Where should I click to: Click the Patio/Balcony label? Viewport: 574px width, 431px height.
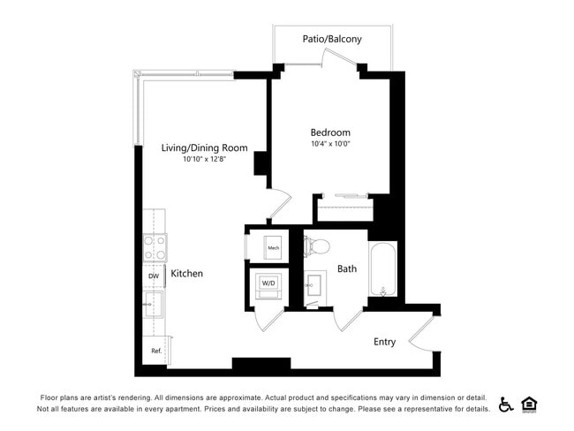(333, 40)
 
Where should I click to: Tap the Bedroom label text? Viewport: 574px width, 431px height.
(330, 132)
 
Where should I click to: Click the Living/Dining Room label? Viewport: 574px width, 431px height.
(204, 147)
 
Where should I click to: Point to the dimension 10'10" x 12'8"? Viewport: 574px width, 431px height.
(204, 160)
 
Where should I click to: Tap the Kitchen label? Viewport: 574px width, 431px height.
(187, 274)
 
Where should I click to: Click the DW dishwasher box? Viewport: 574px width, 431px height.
(154, 276)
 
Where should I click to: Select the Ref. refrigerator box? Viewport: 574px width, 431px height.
(155, 351)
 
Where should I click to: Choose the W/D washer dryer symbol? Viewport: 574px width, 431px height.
(268, 284)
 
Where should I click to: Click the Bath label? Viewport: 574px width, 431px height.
(347, 268)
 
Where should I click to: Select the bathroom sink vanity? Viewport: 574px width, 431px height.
(315, 287)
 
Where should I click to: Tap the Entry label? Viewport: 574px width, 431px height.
(384, 342)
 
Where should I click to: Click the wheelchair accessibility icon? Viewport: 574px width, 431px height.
(506, 405)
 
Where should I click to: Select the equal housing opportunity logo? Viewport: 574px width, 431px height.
(530, 405)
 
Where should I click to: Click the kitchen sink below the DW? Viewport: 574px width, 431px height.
(154, 305)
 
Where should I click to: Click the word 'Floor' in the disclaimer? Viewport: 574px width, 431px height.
(52, 397)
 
